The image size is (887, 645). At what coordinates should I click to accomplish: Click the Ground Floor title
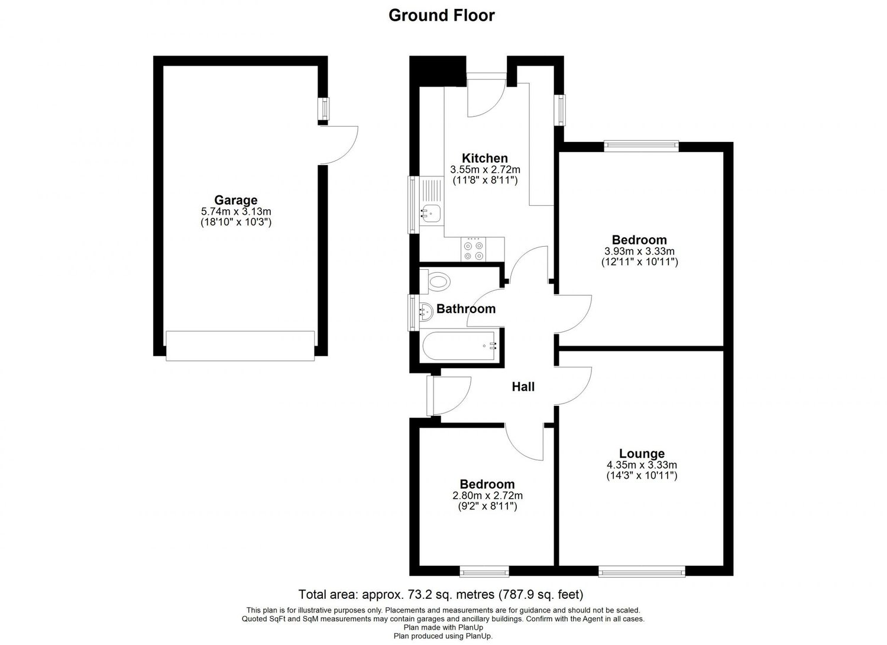point(441,15)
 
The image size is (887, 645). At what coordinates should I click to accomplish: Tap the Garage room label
point(235,200)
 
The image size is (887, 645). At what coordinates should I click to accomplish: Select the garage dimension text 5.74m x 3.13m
point(235,211)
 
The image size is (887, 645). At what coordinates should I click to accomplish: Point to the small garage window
point(323,109)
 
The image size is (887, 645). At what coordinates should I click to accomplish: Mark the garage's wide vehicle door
point(240,346)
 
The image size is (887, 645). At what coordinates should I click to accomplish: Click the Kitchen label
point(484,158)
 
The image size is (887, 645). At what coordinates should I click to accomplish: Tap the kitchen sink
point(430,211)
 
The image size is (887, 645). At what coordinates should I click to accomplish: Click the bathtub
point(459,346)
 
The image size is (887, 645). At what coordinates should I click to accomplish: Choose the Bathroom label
point(466,309)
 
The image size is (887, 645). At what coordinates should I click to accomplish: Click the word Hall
point(523,387)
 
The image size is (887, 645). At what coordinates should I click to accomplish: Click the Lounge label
point(642,454)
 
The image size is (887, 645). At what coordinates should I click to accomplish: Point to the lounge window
point(642,571)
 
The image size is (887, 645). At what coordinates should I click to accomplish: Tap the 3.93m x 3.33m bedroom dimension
point(639,251)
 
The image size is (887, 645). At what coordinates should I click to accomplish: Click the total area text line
point(441,594)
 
